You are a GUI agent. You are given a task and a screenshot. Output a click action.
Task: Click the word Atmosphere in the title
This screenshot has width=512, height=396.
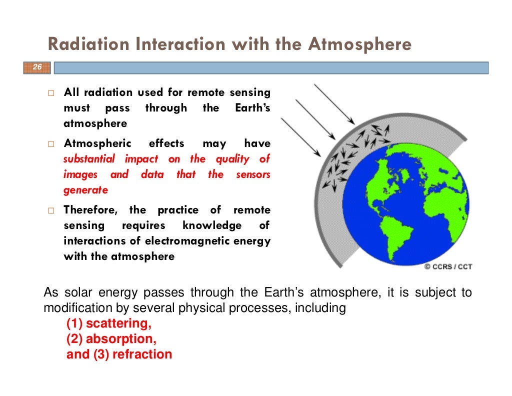(359, 45)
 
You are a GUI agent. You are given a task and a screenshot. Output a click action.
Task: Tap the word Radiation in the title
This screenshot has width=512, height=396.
(87, 45)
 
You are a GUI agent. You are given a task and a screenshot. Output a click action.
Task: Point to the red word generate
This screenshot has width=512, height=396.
(85, 190)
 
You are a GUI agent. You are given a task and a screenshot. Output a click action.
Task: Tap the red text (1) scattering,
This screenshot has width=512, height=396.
(109, 323)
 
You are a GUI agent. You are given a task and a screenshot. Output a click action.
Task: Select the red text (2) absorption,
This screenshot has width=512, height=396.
(111, 339)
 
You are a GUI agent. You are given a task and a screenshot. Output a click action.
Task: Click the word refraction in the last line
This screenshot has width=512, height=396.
(142, 354)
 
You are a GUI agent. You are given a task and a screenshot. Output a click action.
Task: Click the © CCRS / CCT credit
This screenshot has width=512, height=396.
(448, 267)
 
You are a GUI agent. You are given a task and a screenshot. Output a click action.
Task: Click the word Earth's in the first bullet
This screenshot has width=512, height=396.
(252, 108)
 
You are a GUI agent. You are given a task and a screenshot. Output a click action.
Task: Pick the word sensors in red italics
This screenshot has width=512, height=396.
(253, 175)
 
